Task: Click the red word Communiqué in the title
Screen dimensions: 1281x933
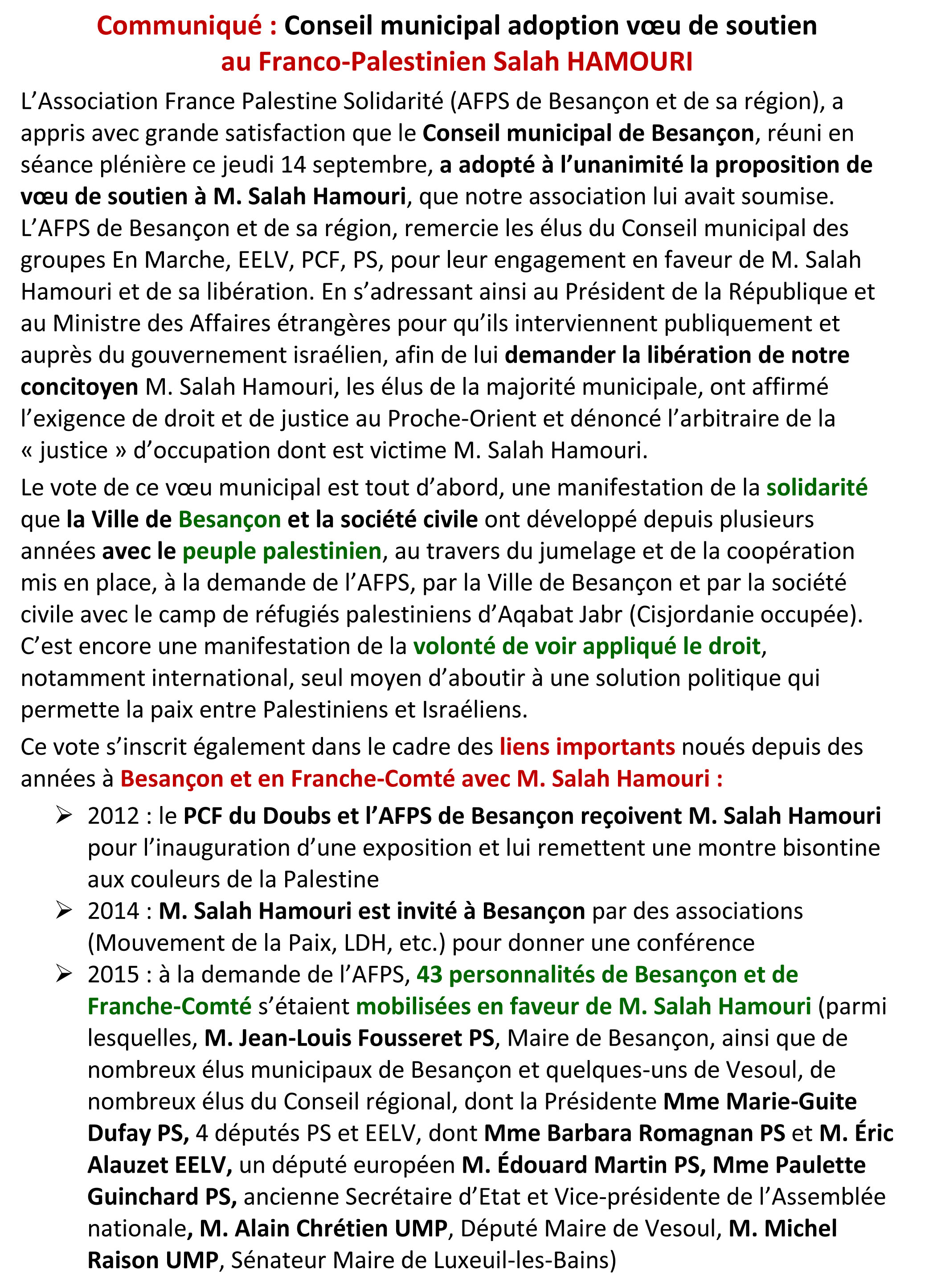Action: coord(179,26)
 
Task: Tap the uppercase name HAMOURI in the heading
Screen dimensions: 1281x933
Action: coord(629,61)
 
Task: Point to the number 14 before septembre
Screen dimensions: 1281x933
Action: coord(293,165)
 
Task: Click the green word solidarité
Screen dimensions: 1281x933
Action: coord(816,487)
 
